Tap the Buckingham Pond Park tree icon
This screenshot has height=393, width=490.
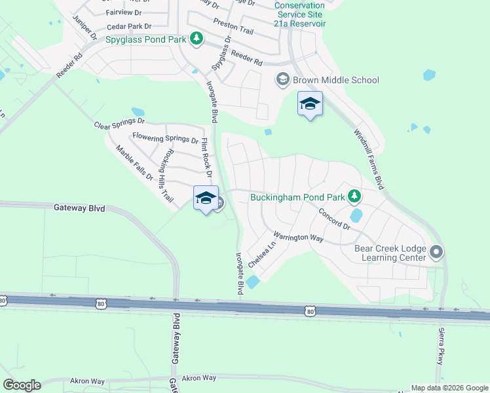[354, 196]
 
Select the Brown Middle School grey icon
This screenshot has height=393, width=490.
[283, 80]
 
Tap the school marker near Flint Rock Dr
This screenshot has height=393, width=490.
[206, 198]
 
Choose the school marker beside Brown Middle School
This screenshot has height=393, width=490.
[311, 104]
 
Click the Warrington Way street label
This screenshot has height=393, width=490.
[299, 236]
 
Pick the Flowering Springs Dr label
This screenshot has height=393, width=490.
[165, 138]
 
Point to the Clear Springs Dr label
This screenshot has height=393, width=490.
[119, 122]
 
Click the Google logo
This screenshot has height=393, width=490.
[22, 385]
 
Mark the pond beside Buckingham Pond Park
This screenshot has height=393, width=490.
[356, 214]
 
